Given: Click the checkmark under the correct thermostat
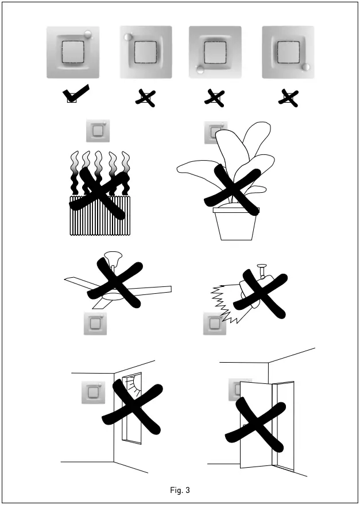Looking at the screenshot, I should [x=76, y=94].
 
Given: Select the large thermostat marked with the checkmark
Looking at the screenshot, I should [x=73, y=52].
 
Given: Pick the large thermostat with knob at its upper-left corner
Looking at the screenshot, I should [x=145, y=52].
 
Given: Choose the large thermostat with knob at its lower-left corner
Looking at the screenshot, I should [x=215, y=52].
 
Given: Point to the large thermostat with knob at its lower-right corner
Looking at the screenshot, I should [x=288, y=52].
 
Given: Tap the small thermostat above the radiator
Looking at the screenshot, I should [x=97, y=131].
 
